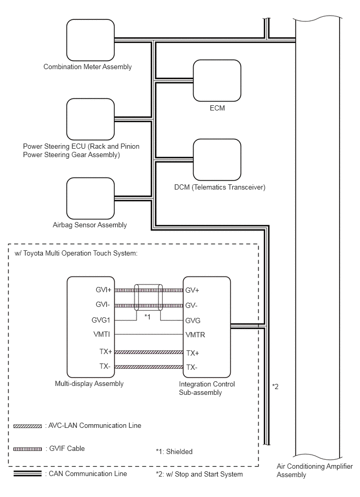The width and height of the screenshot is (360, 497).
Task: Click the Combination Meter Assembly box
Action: pos(90,40)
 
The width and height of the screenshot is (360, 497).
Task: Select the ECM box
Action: pos(217,81)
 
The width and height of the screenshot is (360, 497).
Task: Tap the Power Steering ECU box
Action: pos(90,119)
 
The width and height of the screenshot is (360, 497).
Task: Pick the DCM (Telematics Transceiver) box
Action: pos(217,160)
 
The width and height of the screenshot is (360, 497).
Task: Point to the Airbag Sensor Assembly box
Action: pos(90,198)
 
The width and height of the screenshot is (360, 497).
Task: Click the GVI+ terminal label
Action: pos(104,290)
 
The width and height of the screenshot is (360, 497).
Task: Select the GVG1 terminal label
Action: pos(101,320)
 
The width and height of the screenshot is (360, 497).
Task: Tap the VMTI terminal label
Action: pos(102,335)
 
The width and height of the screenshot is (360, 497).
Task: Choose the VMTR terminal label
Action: pos(195,335)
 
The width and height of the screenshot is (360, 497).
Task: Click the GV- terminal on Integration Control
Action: pos(191,305)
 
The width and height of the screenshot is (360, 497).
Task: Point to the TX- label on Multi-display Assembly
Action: pos(105,367)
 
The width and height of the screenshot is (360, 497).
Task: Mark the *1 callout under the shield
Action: pos(147,317)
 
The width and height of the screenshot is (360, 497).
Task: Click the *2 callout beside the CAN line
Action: pos(275,386)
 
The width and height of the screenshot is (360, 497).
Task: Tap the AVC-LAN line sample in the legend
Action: pos(28,426)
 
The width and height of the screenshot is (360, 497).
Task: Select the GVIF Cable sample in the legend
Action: pos(28,449)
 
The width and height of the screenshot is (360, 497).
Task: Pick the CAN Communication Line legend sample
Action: pos(28,473)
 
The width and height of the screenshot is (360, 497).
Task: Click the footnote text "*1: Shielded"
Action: pos(174,451)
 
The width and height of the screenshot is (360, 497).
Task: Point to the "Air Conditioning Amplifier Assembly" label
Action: pos(314,470)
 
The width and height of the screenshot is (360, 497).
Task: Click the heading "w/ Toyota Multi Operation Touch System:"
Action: pos(76,253)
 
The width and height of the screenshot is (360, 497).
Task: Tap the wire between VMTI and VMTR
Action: pos(149,335)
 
